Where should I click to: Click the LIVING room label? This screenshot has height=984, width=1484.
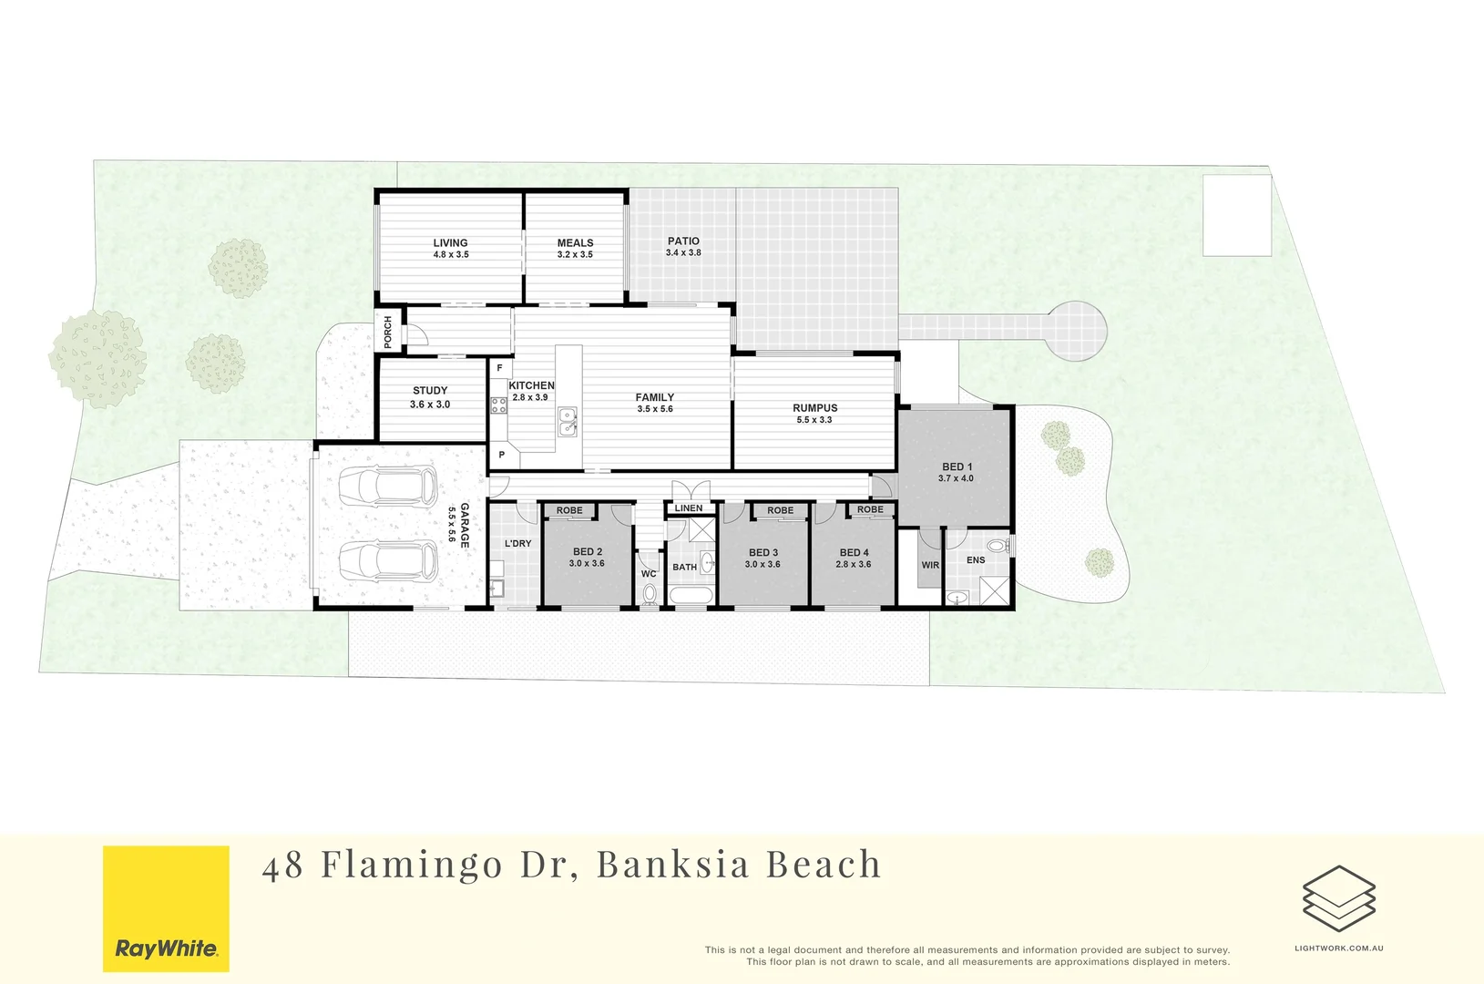point(450,243)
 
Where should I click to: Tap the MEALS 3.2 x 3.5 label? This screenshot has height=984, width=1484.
point(575,249)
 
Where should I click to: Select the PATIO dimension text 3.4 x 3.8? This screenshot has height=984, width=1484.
point(683,253)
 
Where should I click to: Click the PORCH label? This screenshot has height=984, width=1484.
point(388,332)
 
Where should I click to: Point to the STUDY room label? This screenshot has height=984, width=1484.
point(430,391)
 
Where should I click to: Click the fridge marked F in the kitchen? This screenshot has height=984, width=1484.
point(499,368)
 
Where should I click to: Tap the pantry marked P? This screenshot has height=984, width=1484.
point(501,454)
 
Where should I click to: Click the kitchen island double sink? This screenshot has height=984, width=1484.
point(568,422)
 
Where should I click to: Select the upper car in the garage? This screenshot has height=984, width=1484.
point(388,486)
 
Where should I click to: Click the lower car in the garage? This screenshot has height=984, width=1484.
point(388,561)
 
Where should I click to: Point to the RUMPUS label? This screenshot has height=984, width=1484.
point(814,408)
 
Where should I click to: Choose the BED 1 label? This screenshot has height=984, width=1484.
point(957,466)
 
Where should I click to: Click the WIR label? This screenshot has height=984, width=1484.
point(930,565)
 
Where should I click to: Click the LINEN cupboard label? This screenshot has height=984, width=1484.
point(689,508)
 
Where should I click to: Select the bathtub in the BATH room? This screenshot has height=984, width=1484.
point(691,596)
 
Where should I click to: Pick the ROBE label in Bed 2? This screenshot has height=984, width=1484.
point(569,510)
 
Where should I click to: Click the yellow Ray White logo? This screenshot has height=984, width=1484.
point(166,908)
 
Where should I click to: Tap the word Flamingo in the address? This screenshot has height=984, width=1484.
point(412,865)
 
